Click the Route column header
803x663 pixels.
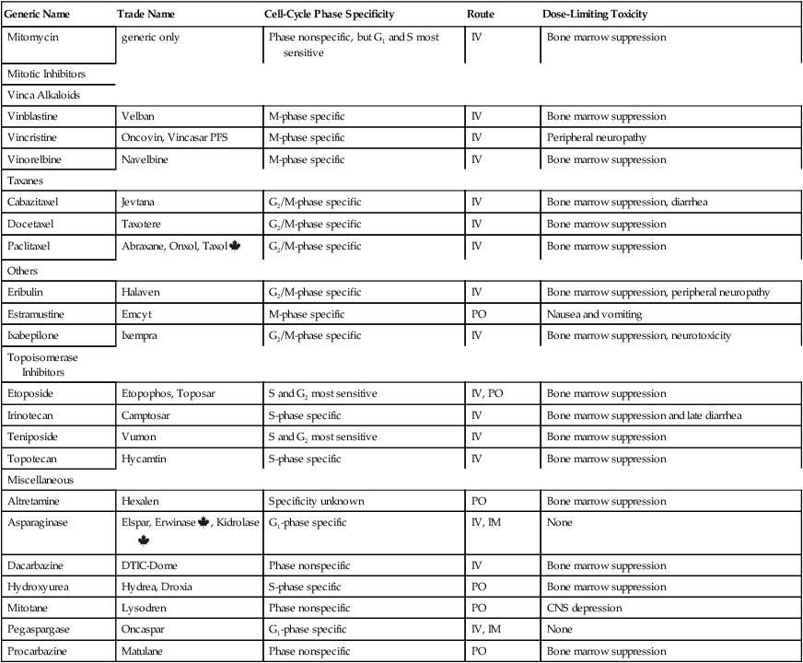(x=482, y=16)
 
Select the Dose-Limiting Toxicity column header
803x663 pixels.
(x=594, y=16)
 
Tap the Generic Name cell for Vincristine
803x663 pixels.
(x=34, y=138)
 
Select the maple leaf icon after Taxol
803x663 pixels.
(x=234, y=246)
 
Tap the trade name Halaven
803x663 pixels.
(x=141, y=292)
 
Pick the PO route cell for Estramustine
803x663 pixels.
(x=479, y=314)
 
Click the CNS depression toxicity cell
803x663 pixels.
(x=583, y=609)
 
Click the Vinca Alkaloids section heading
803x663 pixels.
(x=41, y=95)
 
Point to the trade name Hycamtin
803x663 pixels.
(x=145, y=459)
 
